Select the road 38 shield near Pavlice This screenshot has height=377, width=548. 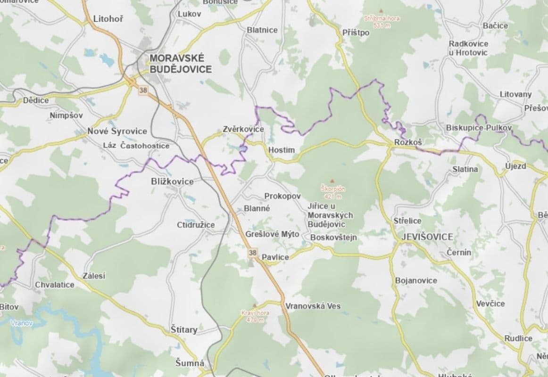click(x=253, y=253)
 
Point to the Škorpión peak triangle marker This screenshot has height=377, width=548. click(x=332, y=180)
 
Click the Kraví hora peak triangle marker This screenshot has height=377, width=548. click(x=255, y=305)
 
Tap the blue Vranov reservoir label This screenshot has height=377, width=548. click(x=22, y=323)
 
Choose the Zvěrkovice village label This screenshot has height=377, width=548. click(x=243, y=129)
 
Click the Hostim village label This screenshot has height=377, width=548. click(x=281, y=150)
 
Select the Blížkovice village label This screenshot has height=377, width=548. click(x=172, y=181)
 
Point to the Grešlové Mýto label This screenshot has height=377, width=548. click(x=272, y=234)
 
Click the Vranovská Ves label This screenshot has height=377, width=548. click(x=313, y=306)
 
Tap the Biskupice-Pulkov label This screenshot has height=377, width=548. click(x=479, y=128)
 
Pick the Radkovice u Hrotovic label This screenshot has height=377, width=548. click(x=468, y=48)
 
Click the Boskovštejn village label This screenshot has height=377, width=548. click(x=333, y=238)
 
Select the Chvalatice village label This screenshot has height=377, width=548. click(x=55, y=285)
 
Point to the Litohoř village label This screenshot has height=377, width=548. click(x=108, y=19)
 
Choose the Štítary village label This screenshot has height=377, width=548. click(x=184, y=330)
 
